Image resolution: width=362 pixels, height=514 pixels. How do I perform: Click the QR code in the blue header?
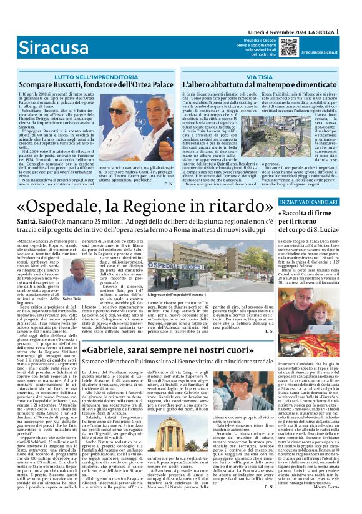click(x=288, y=47)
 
